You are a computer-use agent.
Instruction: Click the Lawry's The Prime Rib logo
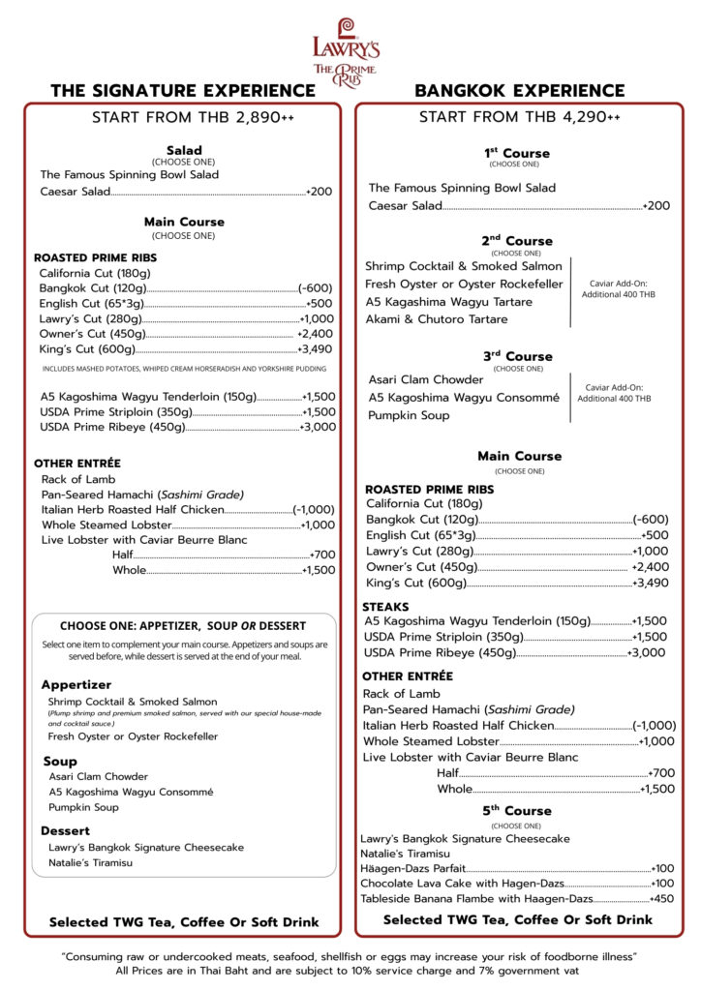coord(345,52)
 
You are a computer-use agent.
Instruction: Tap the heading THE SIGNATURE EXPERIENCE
coord(183,91)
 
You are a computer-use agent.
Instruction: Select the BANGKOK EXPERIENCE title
coord(519,91)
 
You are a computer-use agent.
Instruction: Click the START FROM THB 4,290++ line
coord(519,117)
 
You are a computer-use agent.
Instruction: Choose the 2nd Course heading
coord(516,241)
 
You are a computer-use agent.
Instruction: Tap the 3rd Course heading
coord(516,356)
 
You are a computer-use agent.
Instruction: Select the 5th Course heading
coord(516,811)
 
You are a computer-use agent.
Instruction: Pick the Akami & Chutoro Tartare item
coord(436,319)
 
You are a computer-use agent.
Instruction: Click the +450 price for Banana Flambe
coord(662,898)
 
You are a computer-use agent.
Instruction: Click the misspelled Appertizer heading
coord(76,684)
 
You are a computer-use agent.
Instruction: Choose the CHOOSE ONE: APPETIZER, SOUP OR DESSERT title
coord(183,626)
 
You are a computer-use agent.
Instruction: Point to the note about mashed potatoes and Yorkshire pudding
coord(184,369)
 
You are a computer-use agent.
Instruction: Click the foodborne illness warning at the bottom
coord(350,956)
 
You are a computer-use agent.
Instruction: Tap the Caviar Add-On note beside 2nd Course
coord(619,288)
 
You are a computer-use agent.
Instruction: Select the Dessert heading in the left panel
coord(65,830)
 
